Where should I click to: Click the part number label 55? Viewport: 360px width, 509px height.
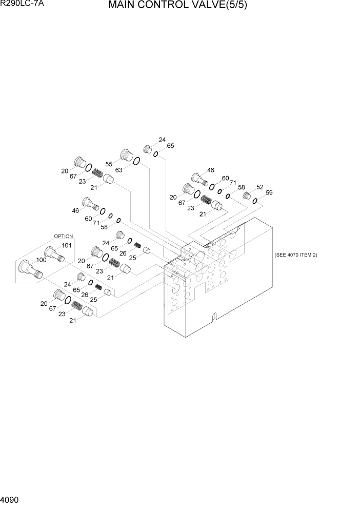pyautogui.click(x=109, y=164)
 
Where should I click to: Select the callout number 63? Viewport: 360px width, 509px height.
pyautogui.click(x=118, y=170)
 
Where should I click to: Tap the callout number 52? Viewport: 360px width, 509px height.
pyautogui.click(x=260, y=187)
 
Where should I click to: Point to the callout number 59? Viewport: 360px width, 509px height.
pyautogui.click(x=269, y=193)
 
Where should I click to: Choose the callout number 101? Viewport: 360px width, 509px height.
pyautogui.click(x=66, y=245)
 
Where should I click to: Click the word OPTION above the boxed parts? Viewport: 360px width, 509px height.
pyautogui.click(x=64, y=236)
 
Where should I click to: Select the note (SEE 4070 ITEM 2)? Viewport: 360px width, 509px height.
pyautogui.click(x=296, y=255)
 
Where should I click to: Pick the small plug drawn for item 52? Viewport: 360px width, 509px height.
pyautogui.click(x=246, y=195)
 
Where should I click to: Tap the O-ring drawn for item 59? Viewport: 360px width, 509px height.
pyautogui.click(x=254, y=201)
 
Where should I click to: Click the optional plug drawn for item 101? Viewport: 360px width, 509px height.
pyautogui.click(x=53, y=253)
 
